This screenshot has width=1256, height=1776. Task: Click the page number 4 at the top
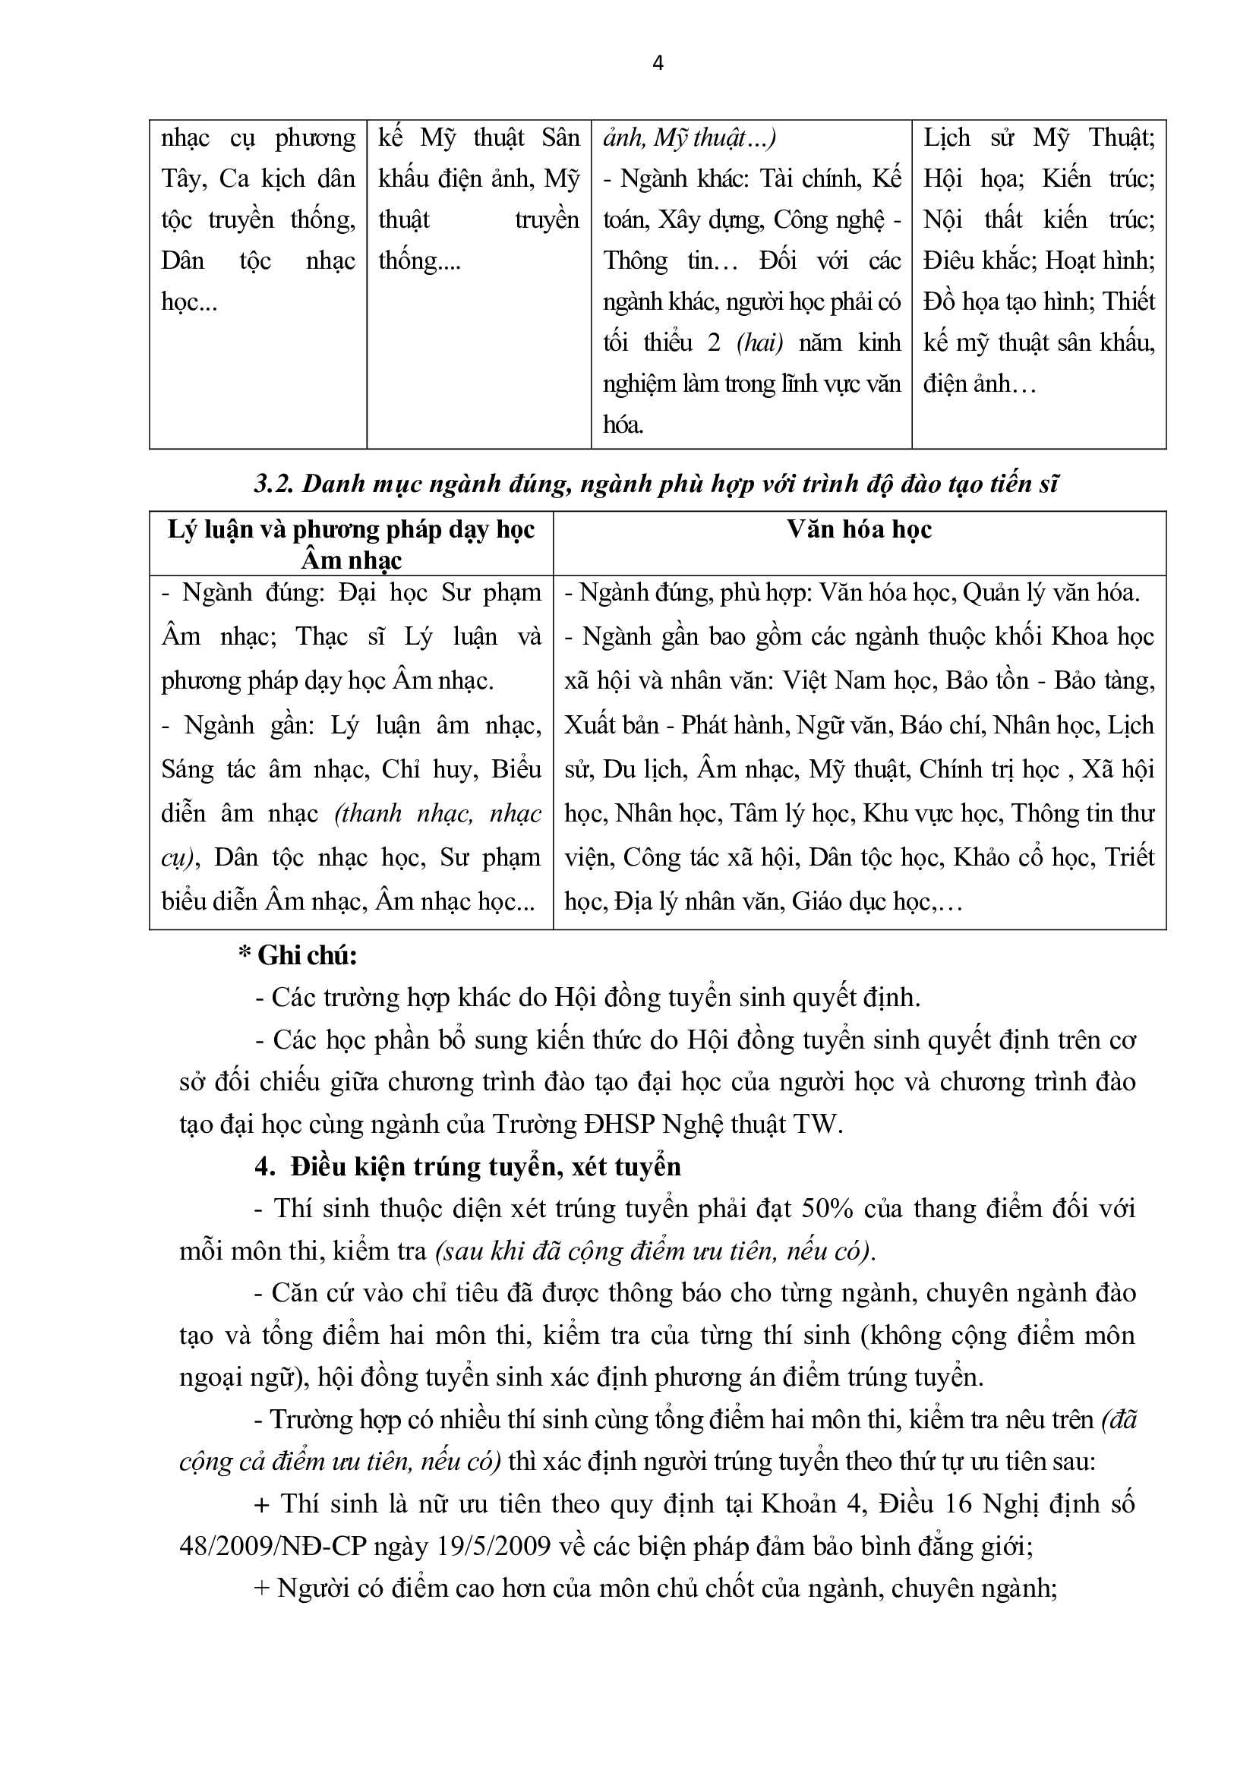658,64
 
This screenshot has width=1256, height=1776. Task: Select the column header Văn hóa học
860,529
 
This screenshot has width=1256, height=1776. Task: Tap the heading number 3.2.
273,484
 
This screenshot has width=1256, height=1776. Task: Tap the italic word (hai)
759,342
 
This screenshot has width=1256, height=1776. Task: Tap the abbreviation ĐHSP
616,1124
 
